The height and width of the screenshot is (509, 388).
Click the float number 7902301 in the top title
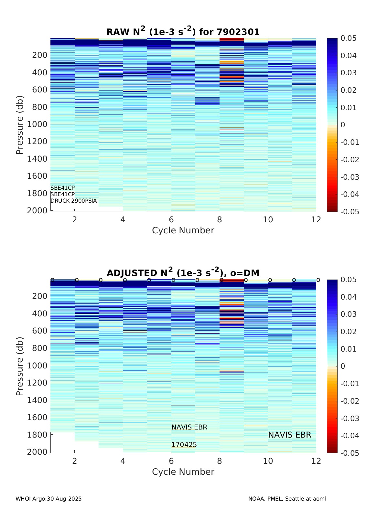pos(238,32)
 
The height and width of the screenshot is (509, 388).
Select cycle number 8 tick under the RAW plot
pos(220,220)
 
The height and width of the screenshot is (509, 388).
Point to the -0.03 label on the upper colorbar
pos(350,177)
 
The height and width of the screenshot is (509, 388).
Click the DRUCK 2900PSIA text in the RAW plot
pos(74,201)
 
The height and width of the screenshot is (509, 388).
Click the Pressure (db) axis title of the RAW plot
pos(20,125)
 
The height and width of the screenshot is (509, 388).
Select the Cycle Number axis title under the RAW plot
pos(183,230)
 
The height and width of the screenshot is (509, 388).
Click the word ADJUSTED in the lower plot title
pos(132,273)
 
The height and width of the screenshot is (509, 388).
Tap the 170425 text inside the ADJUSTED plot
pos(184,445)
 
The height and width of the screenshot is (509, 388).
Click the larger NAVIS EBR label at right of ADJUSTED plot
pos(290,435)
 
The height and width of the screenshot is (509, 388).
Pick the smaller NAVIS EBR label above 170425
pos(189,427)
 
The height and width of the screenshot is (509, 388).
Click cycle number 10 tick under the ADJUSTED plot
pos(268,461)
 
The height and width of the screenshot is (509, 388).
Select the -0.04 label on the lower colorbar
pos(350,436)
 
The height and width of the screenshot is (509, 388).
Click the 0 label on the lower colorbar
pos(343,366)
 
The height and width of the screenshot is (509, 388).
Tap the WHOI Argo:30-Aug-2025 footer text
pos(48,499)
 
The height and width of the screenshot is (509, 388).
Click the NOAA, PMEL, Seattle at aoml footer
pos(287,499)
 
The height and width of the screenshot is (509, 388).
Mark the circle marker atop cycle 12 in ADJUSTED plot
pos(318,280)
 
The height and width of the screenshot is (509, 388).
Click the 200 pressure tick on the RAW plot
pos(39,55)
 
